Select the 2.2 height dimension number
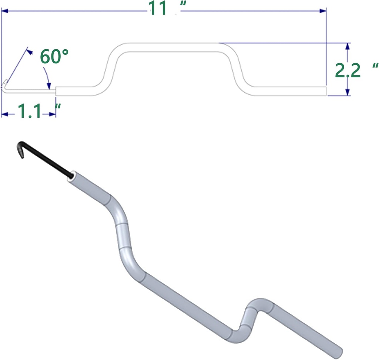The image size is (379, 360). [x=348, y=71]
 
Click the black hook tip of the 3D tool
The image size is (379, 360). [x=20, y=151]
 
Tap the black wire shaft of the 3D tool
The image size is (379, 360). [x=46, y=159]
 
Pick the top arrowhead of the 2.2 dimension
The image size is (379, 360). [x=347, y=46]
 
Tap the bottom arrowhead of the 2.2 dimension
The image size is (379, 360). [x=347, y=93]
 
